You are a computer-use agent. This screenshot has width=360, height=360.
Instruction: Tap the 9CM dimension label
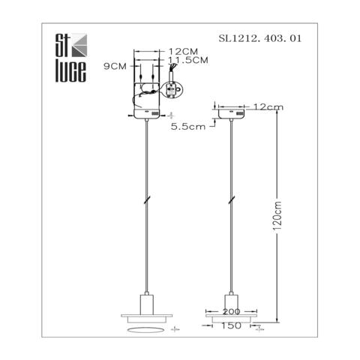[x=115, y=66]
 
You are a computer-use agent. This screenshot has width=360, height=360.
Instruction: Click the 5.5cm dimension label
[x=187, y=127]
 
